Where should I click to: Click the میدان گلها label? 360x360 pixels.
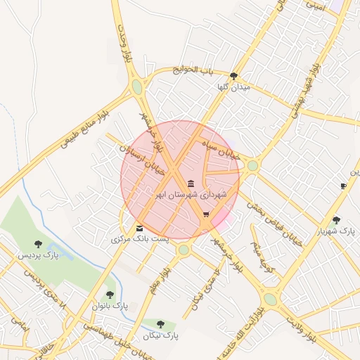pyautogui.click(x=234, y=87)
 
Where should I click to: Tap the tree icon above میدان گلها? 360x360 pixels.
pyautogui.click(x=233, y=76)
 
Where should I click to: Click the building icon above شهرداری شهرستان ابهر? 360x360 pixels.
pyautogui.click(x=192, y=184)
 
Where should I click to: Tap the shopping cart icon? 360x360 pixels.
pyautogui.click(x=206, y=215)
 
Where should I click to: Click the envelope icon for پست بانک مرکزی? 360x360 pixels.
pyautogui.click(x=139, y=229)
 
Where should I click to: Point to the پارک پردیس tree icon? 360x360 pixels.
pyautogui.click(x=38, y=244)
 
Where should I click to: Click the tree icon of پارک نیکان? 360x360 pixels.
pyautogui.click(x=160, y=324)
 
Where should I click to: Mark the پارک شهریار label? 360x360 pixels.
pyautogui.click(x=333, y=231)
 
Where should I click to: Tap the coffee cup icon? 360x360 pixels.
pyautogui.click(x=343, y=186)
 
